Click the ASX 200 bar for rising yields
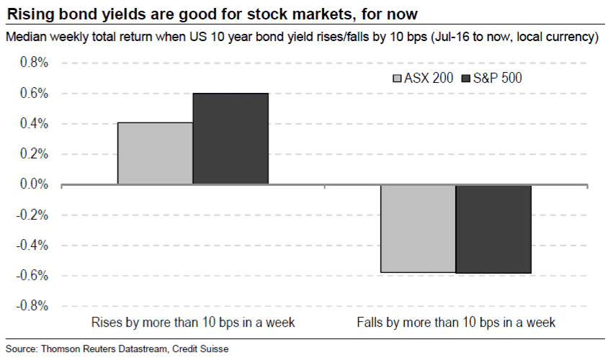[x=155, y=153]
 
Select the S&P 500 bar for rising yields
[x=231, y=139]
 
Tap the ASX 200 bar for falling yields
[x=418, y=228]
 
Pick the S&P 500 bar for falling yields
[x=493, y=229]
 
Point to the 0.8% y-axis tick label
[x=34, y=63]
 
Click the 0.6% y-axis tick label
[x=34, y=93]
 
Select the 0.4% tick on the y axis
[x=34, y=124]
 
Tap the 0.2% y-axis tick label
[x=34, y=154]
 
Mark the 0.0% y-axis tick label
[x=34, y=184]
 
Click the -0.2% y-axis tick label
[x=32, y=215]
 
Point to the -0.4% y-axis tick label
[x=32, y=245]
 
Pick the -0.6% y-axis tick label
[x=32, y=275]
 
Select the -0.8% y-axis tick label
[x=32, y=305]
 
